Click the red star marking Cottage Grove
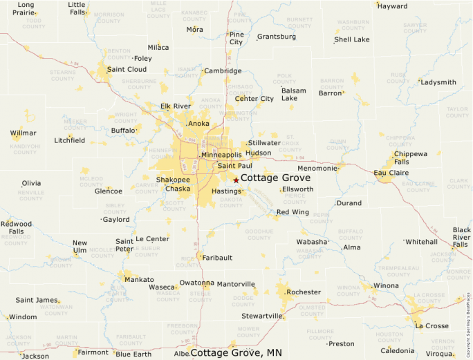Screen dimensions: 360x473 (x=236, y=180)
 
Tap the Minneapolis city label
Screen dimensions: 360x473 (x=222, y=155)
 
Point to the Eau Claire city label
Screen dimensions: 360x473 (x=391, y=173)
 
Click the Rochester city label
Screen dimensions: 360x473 (x=304, y=292)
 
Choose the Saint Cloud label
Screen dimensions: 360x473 (x=127, y=69)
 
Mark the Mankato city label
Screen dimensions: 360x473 (x=140, y=280)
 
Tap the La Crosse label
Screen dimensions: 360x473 (x=432, y=326)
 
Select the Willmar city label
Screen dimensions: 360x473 (x=24, y=133)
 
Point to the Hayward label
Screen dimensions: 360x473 (x=392, y=6)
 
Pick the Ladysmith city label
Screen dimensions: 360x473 (x=438, y=82)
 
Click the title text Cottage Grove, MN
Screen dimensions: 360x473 (x=236, y=353)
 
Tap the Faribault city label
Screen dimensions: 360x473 (x=217, y=257)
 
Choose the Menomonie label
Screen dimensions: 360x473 (x=317, y=168)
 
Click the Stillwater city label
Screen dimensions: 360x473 (x=264, y=143)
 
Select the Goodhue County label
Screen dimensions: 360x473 (x=259, y=234)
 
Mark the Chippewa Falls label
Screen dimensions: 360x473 (x=411, y=158)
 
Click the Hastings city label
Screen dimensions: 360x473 (x=225, y=191)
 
